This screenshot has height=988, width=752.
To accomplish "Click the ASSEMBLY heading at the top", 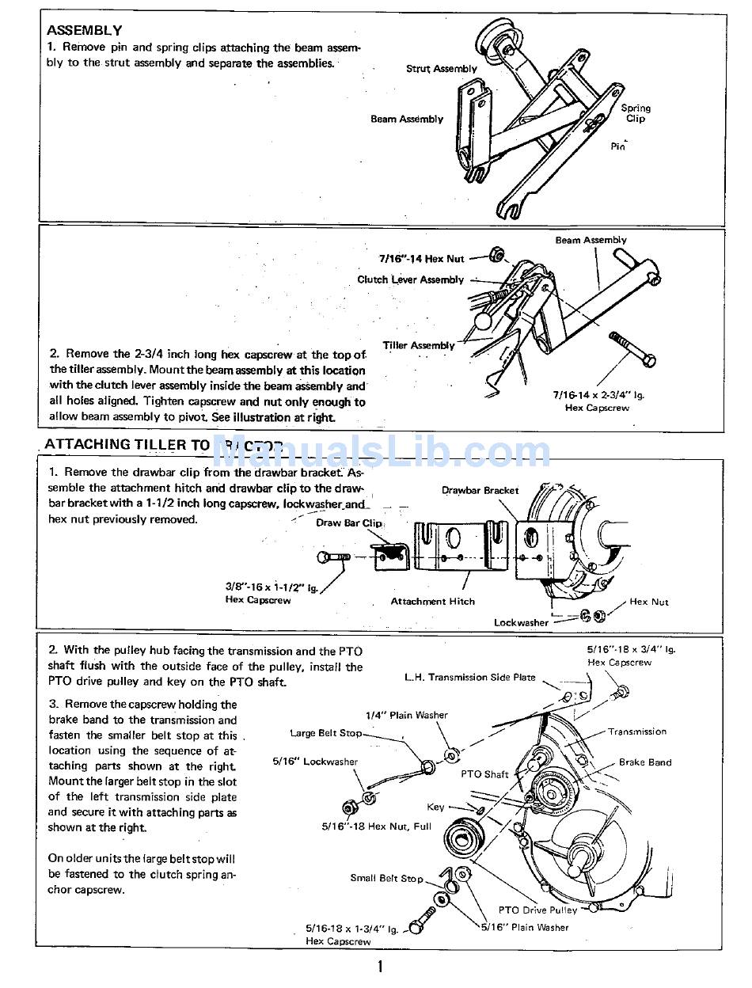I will [84, 31].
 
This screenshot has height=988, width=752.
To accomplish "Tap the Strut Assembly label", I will [441, 69].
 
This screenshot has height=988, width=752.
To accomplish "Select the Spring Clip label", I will [636, 113].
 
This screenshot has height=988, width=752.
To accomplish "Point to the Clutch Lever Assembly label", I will [410, 279].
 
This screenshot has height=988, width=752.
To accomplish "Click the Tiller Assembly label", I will [419, 345].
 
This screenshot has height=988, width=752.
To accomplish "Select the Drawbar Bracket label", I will [480, 490].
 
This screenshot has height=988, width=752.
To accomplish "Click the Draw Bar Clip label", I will [349, 522].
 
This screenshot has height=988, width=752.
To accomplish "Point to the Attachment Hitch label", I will [432, 601].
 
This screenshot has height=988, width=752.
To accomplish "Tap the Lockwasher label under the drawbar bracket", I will [521, 622].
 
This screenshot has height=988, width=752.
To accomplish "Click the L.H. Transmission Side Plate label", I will [469, 677].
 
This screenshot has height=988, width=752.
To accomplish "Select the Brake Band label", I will [644, 762].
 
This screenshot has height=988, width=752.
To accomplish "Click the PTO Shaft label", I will [484, 774].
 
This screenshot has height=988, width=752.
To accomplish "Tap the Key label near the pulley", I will [435, 807].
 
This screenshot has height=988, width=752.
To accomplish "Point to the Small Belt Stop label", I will [386, 878].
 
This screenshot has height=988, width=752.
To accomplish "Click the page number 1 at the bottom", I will [380, 966].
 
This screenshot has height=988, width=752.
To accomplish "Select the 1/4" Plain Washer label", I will [406, 715].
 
